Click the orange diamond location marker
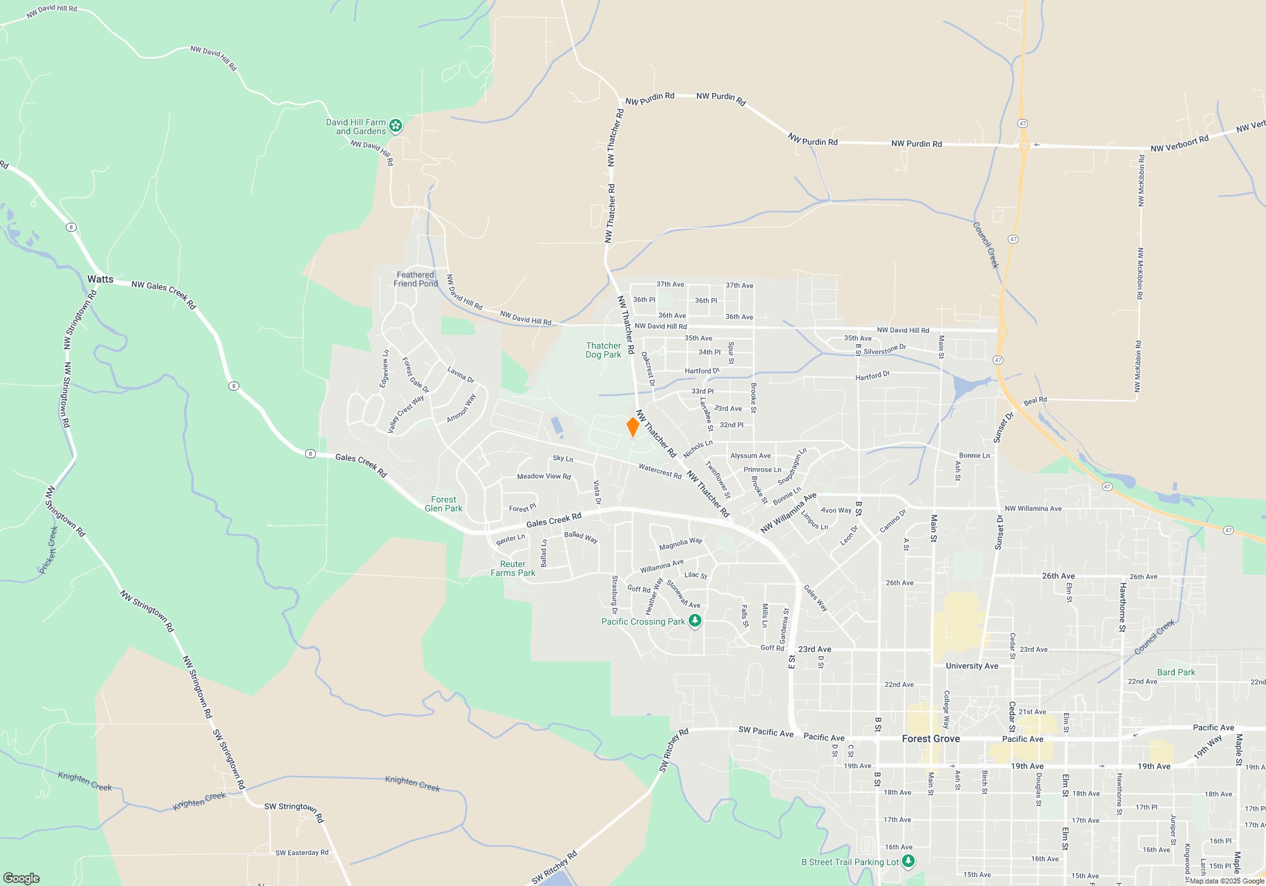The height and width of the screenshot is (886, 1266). click(632, 427)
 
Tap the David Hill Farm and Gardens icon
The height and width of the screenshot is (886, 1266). click(396, 126)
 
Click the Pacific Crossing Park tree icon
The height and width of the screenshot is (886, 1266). click(695, 621)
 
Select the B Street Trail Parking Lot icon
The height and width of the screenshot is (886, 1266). click(908, 861)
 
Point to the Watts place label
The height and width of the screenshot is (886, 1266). click(100, 279)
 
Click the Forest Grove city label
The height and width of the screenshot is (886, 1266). click(931, 739)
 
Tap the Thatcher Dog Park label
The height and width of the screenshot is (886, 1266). click(603, 350)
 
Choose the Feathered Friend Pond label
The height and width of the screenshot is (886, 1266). click(415, 279)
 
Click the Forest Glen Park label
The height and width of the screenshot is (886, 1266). click(443, 504)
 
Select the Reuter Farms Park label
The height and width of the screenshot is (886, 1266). click(513, 568)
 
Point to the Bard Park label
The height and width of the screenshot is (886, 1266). click(1176, 672)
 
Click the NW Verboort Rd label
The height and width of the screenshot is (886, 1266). click(1179, 144)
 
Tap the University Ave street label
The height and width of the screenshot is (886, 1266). click(972, 666)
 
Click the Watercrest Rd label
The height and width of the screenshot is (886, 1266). click(660, 471)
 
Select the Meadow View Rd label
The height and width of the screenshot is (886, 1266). click(544, 477)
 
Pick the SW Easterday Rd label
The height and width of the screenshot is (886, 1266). click(302, 852)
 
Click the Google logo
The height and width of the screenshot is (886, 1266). click(22, 878)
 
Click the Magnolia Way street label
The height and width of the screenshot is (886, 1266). click(680, 544)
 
